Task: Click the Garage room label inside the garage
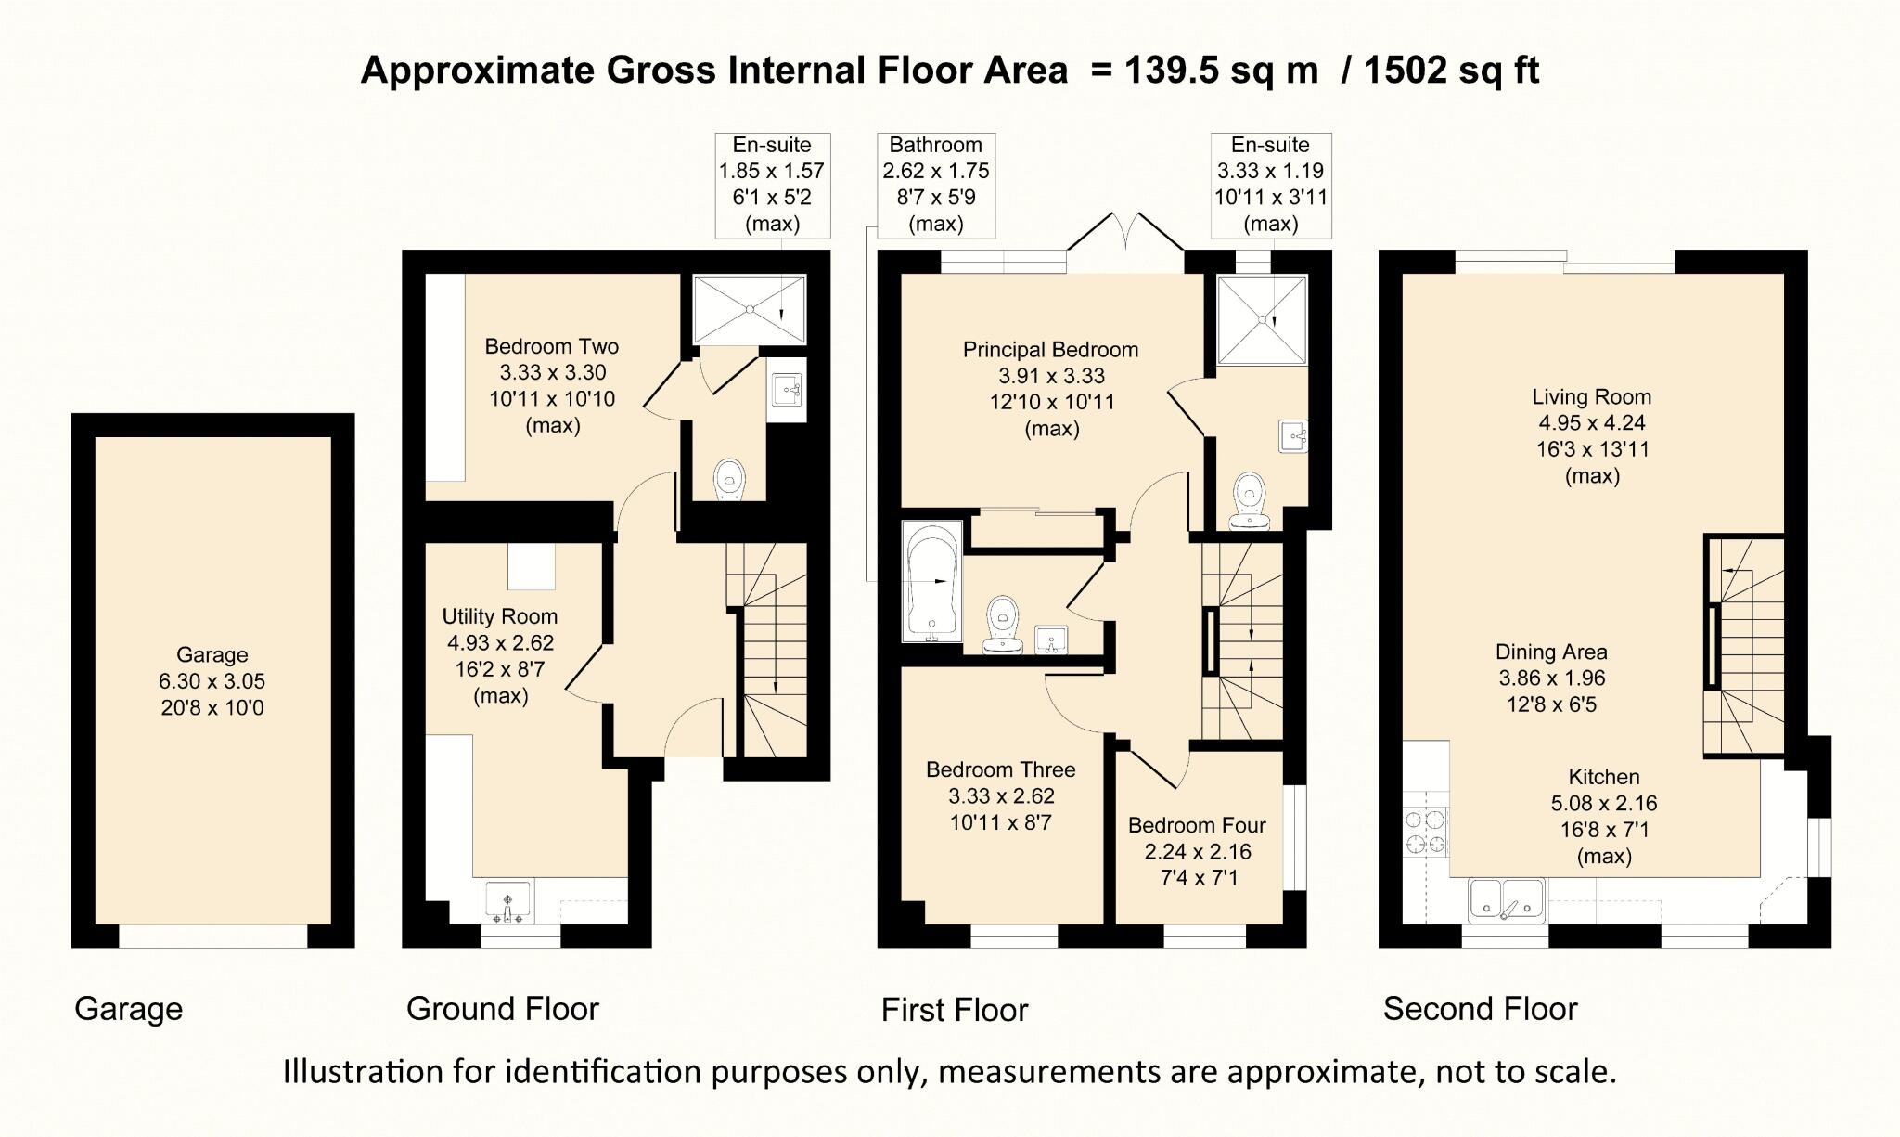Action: [x=212, y=654]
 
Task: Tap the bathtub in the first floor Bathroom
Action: [x=932, y=581]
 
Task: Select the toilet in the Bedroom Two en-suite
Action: [x=729, y=479]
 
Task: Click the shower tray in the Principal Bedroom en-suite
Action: [x=1262, y=320]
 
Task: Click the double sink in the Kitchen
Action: [x=1507, y=900]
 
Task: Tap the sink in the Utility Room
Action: [x=507, y=901]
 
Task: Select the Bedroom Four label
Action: [x=1197, y=825]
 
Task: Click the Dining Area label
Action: [x=1551, y=652]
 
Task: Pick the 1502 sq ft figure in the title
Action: [x=1452, y=71]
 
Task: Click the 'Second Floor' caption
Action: [x=1481, y=1009]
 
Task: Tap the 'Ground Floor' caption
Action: [x=503, y=1009]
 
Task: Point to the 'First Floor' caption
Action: [x=955, y=1010]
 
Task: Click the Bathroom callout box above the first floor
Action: [x=936, y=185]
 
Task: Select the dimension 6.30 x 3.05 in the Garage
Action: [x=212, y=681]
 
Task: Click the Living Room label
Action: [x=1592, y=397]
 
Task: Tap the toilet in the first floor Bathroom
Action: [x=1002, y=624]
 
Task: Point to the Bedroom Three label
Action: [x=1001, y=769]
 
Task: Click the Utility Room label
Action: [x=500, y=616]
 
